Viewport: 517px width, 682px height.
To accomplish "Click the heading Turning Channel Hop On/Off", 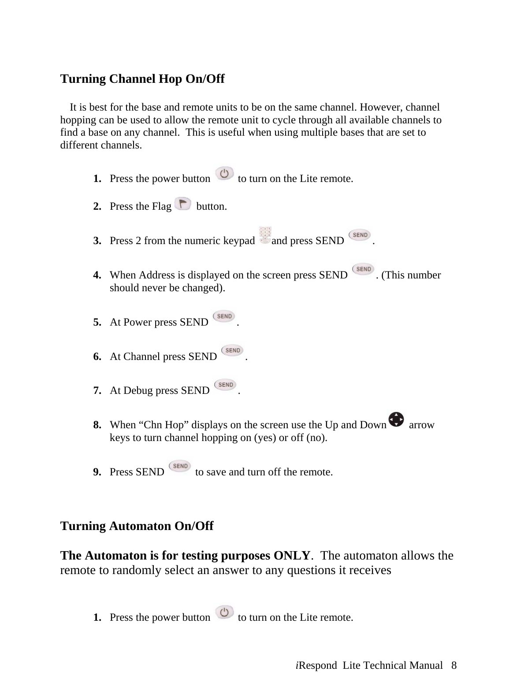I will pyautogui.click(x=142, y=79).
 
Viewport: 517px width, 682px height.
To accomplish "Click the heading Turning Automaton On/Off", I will pyautogui.click(x=137, y=526).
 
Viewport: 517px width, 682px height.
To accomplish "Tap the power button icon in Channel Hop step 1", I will pyautogui.click(x=224, y=174).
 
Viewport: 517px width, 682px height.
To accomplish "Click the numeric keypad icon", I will pyautogui.click(x=265, y=236).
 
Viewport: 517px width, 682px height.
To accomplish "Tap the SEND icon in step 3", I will pyautogui.click(x=360, y=235).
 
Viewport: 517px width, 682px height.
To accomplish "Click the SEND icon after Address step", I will pyautogui.click(x=363, y=269).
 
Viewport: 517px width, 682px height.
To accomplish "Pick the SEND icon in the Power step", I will pyautogui.click(x=224, y=316).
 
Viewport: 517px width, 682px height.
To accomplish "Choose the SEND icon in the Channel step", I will pyautogui.click(x=232, y=351).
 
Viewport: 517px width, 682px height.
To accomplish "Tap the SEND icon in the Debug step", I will pyautogui.click(x=226, y=385).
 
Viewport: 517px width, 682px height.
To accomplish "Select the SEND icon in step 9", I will pyautogui.click(x=180, y=467).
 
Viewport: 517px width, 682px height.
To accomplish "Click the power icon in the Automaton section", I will pyautogui.click(x=224, y=612).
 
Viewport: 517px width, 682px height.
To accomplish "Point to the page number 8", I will pyautogui.click(x=454, y=665).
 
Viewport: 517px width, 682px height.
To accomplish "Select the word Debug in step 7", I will pyautogui.click(x=138, y=391).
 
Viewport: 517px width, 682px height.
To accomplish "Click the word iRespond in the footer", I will pyautogui.click(x=316, y=665).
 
